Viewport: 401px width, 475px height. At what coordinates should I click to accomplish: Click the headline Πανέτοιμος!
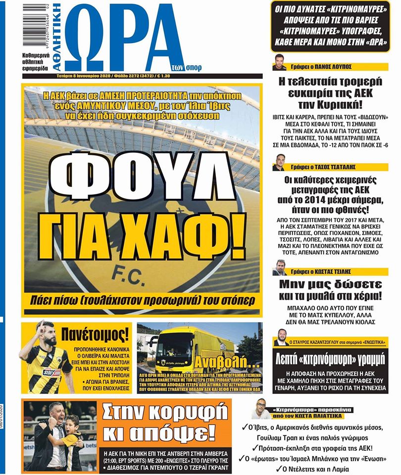tap(97, 335)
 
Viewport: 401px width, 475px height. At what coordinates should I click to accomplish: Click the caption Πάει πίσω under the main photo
tap(142, 300)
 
